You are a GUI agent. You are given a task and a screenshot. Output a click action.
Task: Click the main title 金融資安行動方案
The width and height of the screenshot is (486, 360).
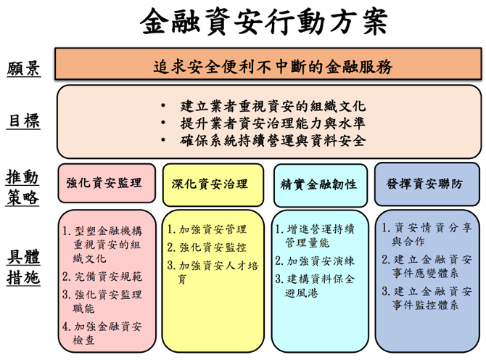263,21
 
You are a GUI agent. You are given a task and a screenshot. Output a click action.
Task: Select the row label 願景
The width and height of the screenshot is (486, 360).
23,68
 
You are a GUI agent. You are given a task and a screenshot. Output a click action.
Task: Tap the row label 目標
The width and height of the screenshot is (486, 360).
23,120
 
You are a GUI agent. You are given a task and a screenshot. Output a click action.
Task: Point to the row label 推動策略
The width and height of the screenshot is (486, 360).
22,187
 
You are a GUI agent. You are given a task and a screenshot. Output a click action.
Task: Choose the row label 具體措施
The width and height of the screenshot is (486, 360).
23,266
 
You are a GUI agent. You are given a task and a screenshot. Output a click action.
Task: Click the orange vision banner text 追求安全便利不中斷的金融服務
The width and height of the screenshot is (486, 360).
273,67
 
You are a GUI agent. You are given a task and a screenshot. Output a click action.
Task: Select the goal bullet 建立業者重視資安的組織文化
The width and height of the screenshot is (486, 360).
273,106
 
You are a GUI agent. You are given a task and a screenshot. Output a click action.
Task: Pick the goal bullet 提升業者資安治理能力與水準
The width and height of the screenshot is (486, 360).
273,123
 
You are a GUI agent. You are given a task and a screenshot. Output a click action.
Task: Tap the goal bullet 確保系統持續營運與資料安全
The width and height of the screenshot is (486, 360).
273,140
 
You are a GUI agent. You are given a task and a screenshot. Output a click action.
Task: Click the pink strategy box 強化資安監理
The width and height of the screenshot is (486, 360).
107,183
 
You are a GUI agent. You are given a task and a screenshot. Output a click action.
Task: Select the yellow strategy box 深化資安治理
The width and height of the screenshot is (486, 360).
213,184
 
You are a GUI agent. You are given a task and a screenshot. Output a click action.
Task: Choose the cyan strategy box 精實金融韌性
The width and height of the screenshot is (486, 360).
321,185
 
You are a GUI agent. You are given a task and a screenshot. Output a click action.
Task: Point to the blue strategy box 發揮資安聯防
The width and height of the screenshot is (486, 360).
427,184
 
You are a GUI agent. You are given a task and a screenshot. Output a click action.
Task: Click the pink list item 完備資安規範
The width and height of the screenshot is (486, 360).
102,276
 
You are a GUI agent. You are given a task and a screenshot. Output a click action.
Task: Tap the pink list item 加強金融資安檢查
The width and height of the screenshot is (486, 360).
102,333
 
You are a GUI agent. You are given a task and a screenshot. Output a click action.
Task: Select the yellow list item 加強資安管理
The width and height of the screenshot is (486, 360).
207,229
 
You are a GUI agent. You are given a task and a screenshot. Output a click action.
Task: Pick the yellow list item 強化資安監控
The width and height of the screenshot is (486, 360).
207,247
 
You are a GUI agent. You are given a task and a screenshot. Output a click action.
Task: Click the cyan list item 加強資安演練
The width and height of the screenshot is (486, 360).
315,261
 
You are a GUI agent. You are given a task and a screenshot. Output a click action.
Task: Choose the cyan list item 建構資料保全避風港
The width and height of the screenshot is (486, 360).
315,285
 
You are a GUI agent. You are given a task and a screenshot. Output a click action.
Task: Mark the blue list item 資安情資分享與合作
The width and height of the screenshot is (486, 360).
427,234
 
